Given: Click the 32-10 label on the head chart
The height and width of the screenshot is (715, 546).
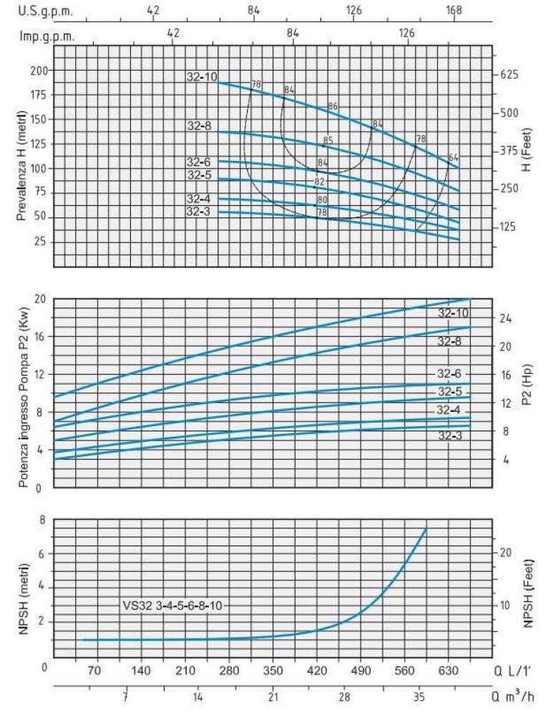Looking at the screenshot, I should click(202, 77).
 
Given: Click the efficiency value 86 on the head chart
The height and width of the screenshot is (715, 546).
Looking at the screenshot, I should click(332, 107).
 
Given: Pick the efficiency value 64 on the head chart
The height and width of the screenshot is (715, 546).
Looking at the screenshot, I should click(453, 157).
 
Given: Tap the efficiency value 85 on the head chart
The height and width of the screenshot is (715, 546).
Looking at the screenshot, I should click(328, 140).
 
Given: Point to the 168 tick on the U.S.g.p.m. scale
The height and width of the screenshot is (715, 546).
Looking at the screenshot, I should click(454, 11).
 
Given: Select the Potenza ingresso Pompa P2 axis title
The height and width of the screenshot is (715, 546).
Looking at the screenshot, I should click(24, 393).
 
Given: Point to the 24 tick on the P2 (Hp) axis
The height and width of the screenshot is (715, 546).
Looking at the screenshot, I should click(506, 318).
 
